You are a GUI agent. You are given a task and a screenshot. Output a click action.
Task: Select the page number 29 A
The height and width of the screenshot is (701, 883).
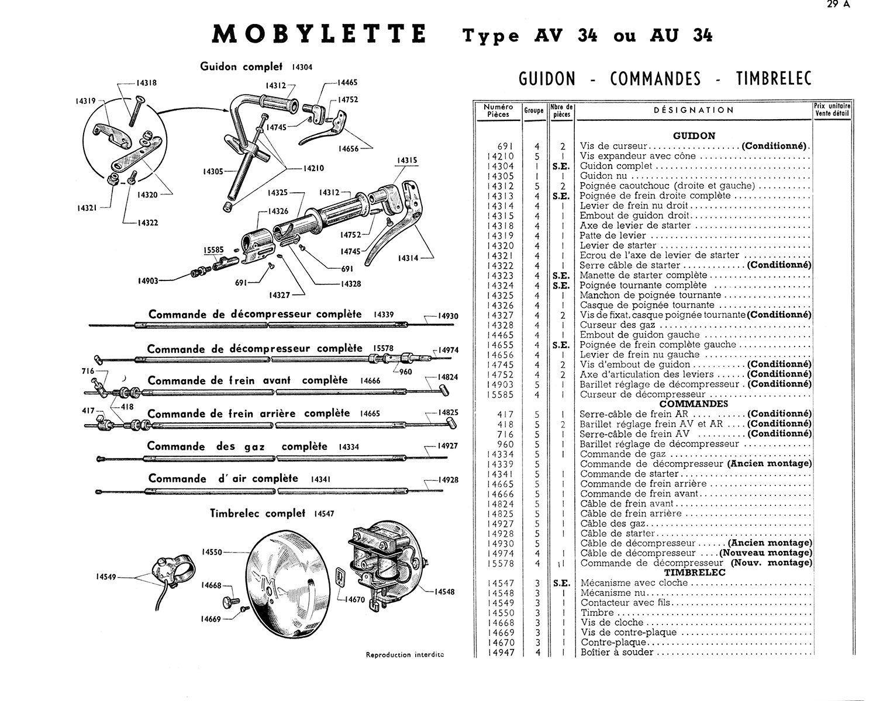click(x=840, y=5)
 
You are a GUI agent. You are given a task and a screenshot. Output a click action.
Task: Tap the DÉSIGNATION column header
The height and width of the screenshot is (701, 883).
click(x=693, y=110)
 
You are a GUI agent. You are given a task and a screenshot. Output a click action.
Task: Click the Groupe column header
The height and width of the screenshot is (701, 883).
click(x=533, y=110)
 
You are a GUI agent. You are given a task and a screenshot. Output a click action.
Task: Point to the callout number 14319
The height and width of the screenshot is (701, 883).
click(x=85, y=102)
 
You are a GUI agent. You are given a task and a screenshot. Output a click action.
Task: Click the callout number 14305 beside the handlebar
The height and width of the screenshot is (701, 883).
click(x=213, y=172)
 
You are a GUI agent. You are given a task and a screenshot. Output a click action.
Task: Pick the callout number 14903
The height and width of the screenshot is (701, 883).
click(x=149, y=281)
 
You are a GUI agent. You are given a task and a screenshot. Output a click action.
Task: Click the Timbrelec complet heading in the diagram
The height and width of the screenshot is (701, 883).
click(x=257, y=513)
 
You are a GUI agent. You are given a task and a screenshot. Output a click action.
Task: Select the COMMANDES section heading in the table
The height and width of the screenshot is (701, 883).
click(x=694, y=404)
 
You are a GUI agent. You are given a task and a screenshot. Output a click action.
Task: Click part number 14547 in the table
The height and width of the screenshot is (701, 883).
click(x=500, y=583)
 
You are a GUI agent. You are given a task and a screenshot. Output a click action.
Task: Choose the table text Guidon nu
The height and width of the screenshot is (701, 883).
click(x=604, y=176)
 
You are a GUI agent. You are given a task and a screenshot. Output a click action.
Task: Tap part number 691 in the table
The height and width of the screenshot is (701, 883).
click(x=505, y=146)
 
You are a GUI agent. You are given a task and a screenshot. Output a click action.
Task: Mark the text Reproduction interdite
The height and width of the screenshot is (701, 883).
click(x=405, y=655)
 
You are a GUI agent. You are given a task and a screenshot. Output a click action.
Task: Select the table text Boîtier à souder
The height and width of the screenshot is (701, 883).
click(x=617, y=653)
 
